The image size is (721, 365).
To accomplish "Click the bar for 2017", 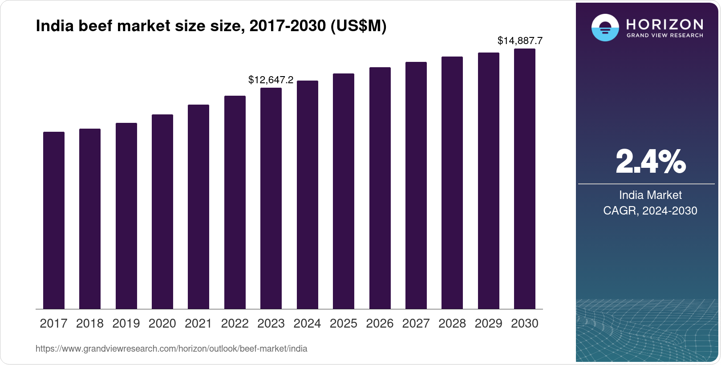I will point(54,220).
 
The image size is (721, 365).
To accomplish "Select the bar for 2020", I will point(162,211).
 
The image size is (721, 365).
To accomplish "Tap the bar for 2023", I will point(271,198).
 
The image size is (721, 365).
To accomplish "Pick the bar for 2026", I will point(380,188).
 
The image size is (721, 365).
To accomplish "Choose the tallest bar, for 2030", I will point(525,178).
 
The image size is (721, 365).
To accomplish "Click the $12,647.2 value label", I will point(271,80).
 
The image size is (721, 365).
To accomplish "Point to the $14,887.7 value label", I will point(520,41).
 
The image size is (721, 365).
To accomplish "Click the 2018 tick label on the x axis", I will point(90,324).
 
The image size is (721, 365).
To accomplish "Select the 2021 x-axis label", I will point(198,324).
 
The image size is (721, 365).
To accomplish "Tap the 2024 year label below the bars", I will point(307,324).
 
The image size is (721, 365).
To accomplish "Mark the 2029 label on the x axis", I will point(488,324).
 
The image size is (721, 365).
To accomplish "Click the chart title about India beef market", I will point(211,26).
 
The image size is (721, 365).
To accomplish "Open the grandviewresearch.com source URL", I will point(171,349).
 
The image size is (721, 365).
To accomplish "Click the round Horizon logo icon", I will point(605,28).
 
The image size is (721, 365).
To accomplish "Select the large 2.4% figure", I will point(650,162).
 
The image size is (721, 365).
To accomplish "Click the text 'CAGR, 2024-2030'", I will point(650,211).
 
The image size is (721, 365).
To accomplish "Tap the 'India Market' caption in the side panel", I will point(650,195).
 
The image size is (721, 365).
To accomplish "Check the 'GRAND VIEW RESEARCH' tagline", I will point(664,36).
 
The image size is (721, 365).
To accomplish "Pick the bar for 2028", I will point(452,182).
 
